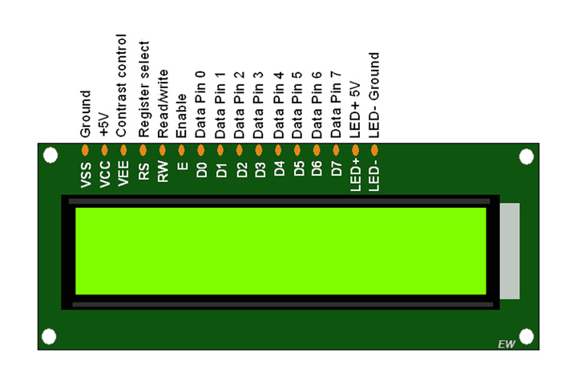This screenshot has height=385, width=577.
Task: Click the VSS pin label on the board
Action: click(85, 174)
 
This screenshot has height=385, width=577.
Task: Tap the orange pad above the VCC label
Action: click(104, 150)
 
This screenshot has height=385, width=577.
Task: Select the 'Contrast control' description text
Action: click(122, 86)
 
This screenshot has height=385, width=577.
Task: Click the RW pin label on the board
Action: click(163, 174)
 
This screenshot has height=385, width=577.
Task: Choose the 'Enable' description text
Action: click(181, 120)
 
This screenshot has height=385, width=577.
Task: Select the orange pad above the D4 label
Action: click(278, 150)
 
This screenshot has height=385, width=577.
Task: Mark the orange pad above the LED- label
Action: click(374, 150)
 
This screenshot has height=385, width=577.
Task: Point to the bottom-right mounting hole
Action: click(527, 335)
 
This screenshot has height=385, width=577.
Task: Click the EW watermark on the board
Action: click(506, 344)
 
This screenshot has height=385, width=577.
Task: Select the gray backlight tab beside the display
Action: click(510, 251)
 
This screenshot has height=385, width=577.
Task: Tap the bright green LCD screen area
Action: click(280, 251)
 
